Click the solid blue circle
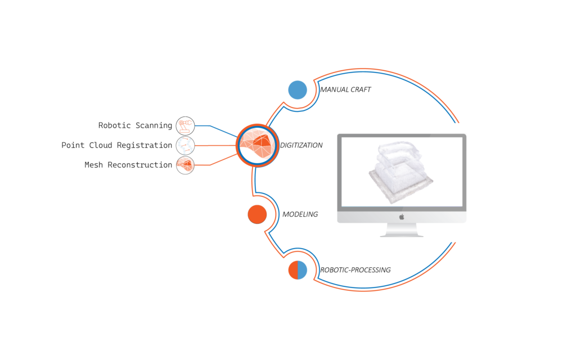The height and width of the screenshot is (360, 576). point(298,90)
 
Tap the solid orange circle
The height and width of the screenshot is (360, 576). point(257,214)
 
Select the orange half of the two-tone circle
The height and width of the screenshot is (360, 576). point(293,271)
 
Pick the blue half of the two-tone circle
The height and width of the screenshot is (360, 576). point(303,271)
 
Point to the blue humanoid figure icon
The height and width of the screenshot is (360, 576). point(186,145)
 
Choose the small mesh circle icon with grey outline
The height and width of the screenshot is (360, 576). point(185,165)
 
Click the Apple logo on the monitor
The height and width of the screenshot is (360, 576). point(402,217)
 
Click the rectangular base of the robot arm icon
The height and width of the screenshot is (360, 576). point(183,131)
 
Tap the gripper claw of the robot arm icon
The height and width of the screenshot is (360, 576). point(190,123)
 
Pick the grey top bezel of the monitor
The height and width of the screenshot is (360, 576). point(402,136)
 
